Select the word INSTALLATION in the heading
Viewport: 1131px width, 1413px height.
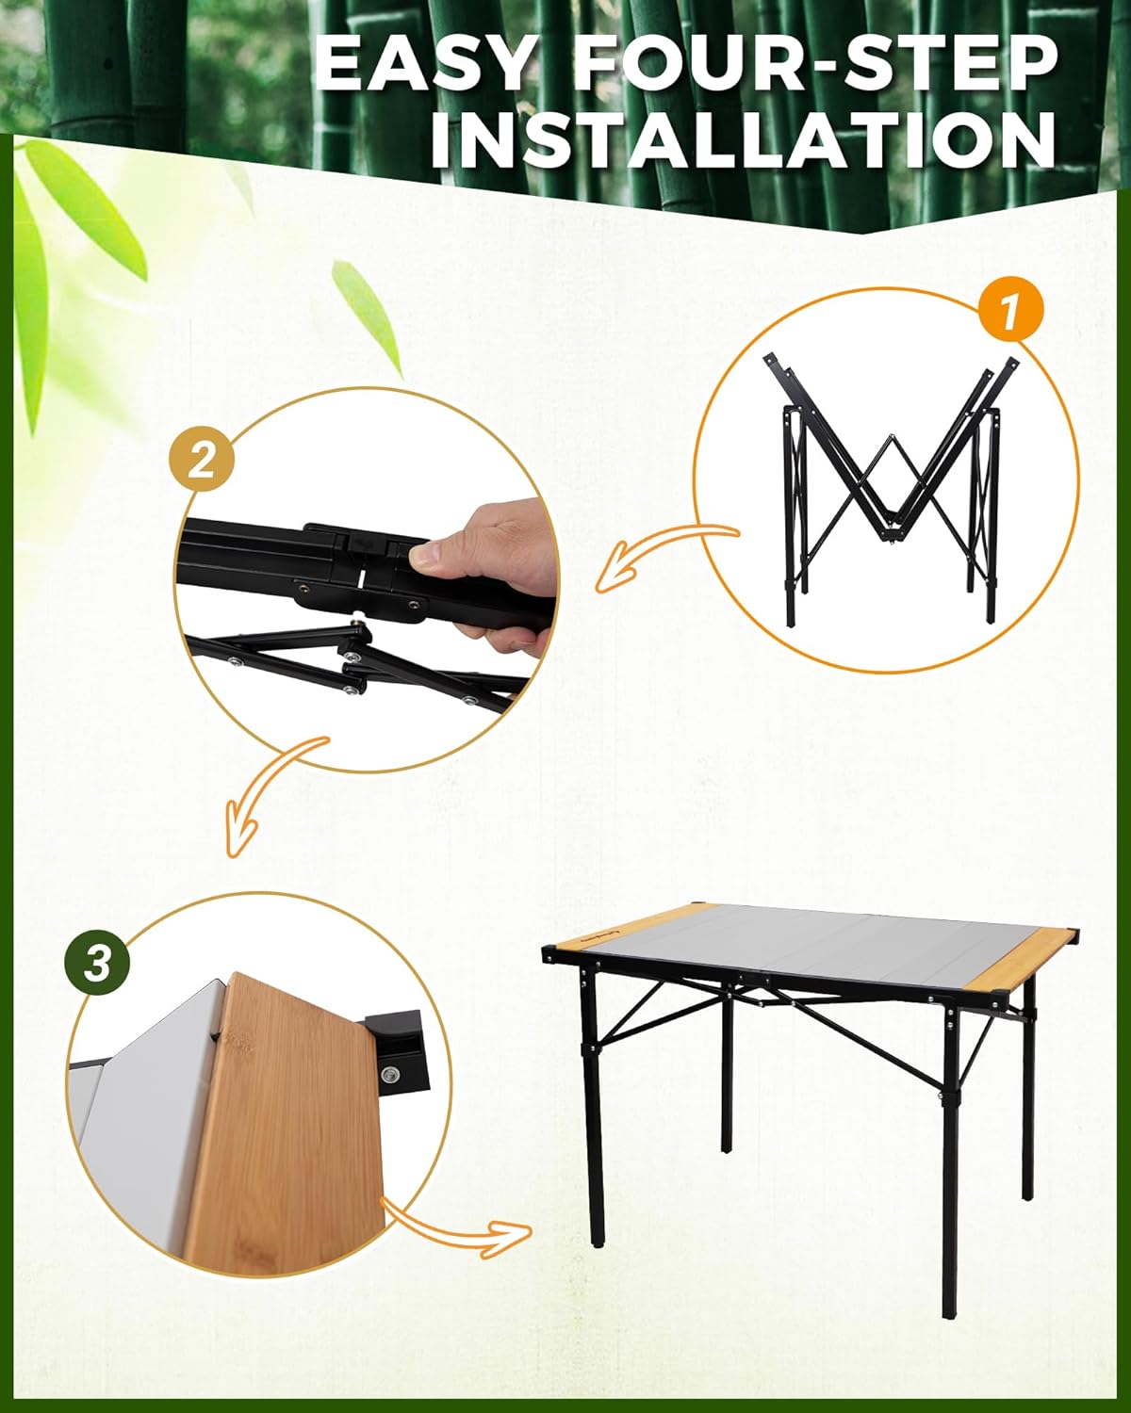tap(743, 141)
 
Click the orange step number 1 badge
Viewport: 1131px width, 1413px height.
tap(1009, 311)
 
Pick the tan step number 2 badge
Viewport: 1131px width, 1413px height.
tap(202, 460)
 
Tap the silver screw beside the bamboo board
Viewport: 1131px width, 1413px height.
tap(389, 1075)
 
